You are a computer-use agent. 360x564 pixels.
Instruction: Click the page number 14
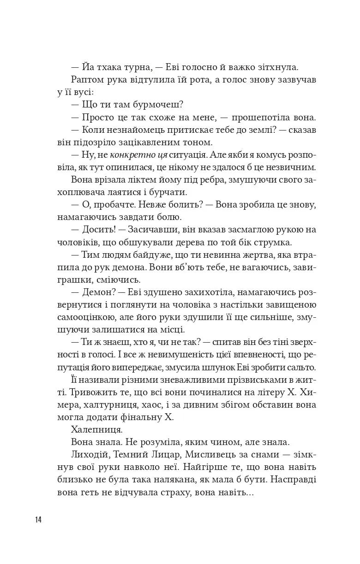tap(38, 520)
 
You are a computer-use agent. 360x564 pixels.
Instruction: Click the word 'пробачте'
tap(109, 205)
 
